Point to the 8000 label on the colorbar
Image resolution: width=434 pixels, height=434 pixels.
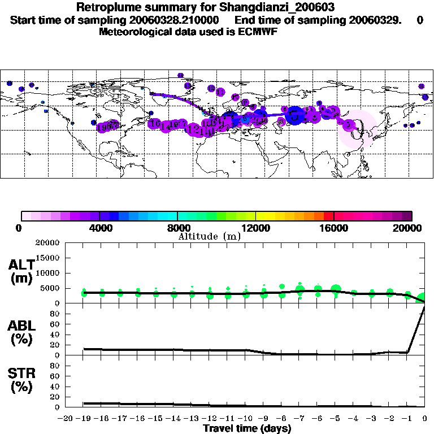(x=177, y=228)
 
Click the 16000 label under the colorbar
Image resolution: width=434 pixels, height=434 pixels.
(x=333, y=228)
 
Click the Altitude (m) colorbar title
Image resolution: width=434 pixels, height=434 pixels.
(x=209, y=236)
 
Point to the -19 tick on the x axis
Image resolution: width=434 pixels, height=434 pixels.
(x=84, y=419)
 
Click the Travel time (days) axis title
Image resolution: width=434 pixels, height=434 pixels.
(x=246, y=428)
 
